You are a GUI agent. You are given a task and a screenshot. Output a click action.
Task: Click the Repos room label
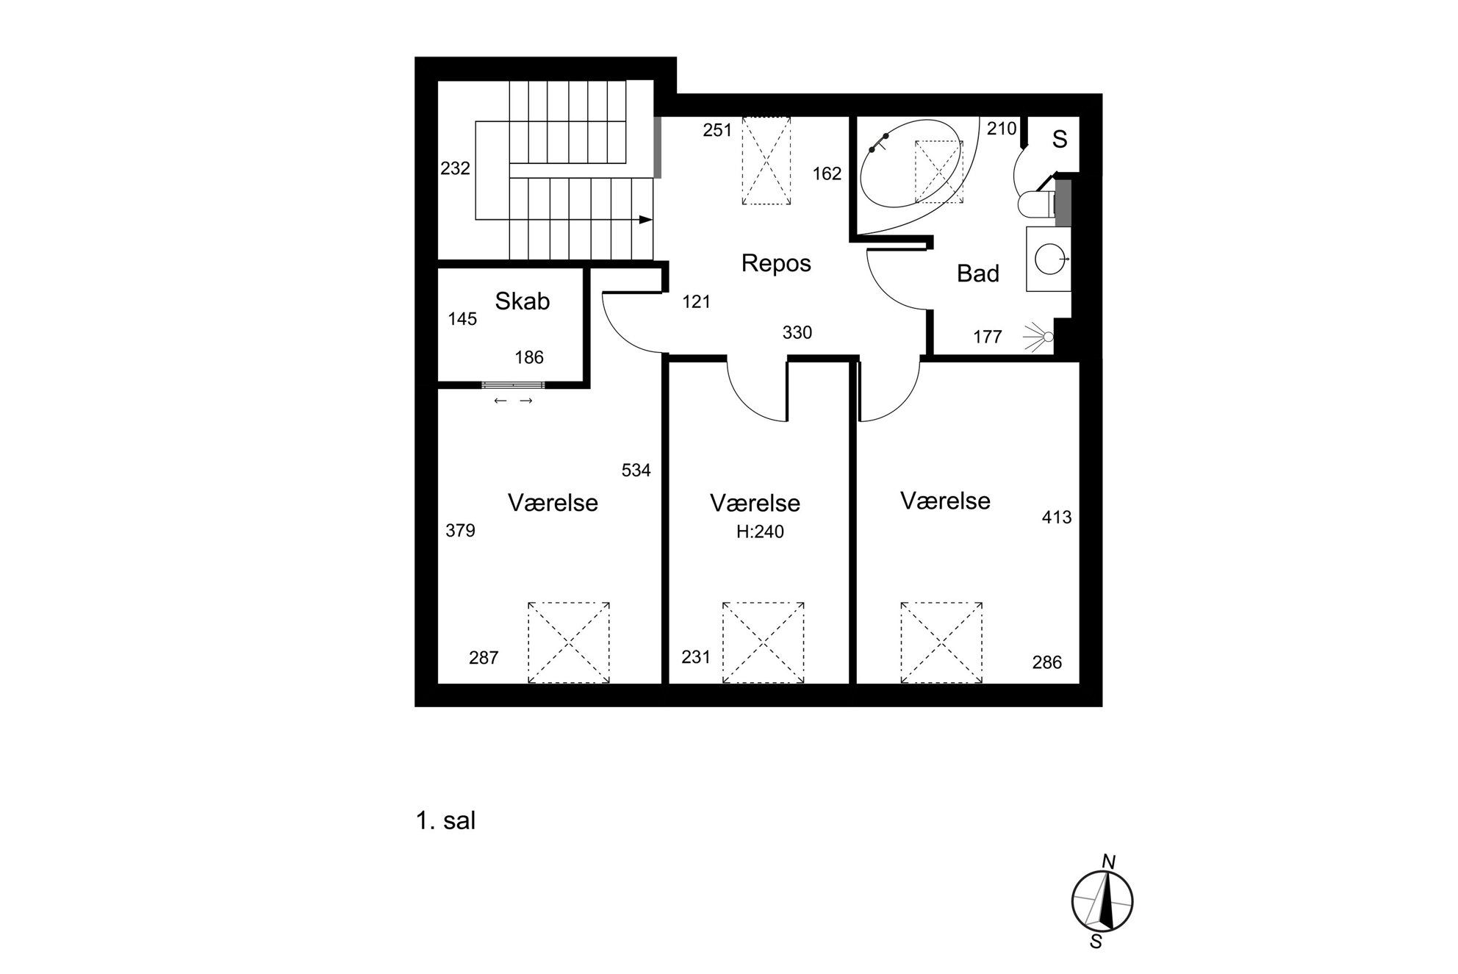click(776, 263)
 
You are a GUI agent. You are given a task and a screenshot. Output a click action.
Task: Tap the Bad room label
click(978, 273)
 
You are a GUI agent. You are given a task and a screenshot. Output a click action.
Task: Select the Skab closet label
click(522, 301)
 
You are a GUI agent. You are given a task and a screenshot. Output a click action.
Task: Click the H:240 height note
click(760, 531)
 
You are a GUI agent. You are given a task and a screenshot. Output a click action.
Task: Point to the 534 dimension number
click(636, 470)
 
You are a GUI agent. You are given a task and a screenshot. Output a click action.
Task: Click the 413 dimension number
click(1057, 518)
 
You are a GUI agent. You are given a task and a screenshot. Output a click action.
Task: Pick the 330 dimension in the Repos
click(797, 333)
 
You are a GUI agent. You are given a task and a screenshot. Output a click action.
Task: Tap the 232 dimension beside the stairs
click(455, 168)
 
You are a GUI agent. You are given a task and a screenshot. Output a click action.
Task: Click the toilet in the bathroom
click(1036, 204)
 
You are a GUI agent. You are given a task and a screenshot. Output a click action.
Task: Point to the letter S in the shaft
click(1059, 140)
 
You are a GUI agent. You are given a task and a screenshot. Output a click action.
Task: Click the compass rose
click(1102, 900)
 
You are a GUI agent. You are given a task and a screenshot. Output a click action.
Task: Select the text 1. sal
click(446, 820)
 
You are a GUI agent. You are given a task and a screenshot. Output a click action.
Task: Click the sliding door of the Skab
click(513, 384)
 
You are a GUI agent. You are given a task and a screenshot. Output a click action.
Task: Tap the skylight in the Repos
click(766, 161)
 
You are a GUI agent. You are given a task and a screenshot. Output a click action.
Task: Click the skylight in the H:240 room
click(763, 642)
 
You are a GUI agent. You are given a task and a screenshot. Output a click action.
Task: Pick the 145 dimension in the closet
click(462, 319)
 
